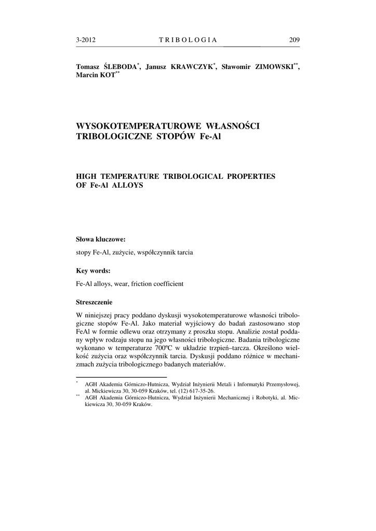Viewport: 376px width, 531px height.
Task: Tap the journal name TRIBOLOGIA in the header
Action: click(187, 40)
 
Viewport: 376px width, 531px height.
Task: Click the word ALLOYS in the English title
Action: click(125, 185)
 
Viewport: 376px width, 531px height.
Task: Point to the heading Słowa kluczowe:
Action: click(101, 240)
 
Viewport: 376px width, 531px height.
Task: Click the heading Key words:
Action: click(93, 271)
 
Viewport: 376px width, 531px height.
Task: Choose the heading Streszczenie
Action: click(94, 302)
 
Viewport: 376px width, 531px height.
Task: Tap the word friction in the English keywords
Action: click(142, 284)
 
